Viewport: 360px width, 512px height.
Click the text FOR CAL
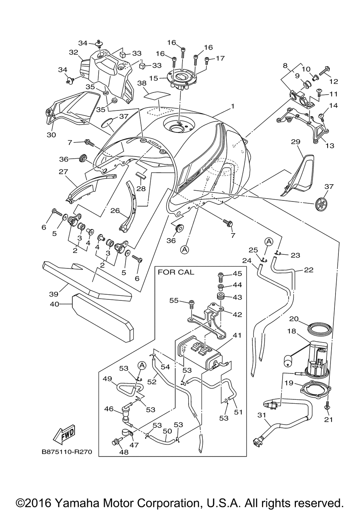(x=176, y=272)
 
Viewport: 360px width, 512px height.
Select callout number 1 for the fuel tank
(x=233, y=106)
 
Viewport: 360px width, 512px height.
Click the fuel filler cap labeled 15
(x=182, y=79)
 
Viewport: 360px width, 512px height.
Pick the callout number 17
(x=220, y=58)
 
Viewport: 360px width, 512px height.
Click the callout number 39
(x=54, y=294)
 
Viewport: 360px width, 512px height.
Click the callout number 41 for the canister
(x=237, y=335)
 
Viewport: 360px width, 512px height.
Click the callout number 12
(x=334, y=81)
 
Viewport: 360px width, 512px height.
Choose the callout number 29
(x=295, y=142)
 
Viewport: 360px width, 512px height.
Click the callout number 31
(x=262, y=415)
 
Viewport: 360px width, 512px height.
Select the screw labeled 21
(x=327, y=407)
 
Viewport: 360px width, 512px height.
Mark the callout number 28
(x=141, y=189)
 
